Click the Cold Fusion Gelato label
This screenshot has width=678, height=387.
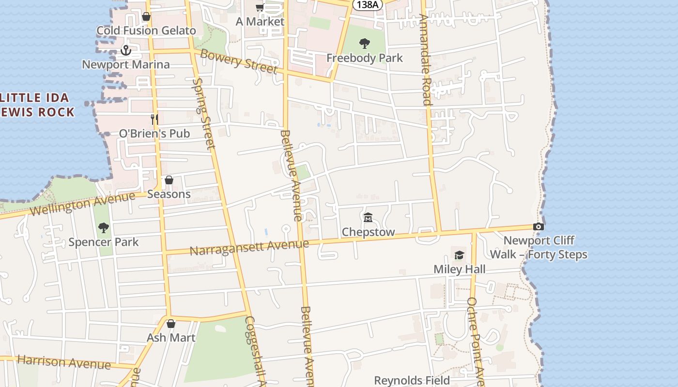click(x=146, y=30)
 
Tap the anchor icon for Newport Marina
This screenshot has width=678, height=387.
click(x=126, y=50)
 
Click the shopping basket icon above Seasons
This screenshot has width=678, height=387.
click(x=169, y=180)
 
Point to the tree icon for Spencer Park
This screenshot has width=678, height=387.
click(x=103, y=227)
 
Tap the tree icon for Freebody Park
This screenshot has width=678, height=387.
click(x=365, y=44)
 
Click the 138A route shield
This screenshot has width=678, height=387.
click(x=367, y=4)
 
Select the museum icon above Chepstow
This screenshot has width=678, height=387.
click(x=368, y=218)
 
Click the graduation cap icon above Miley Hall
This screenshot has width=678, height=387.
click(x=459, y=255)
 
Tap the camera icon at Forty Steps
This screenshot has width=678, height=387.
click(x=538, y=226)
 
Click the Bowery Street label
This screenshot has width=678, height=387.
click(x=239, y=61)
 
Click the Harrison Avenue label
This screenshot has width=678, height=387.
click(x=64, y=362)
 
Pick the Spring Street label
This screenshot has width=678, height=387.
click(x=204, y=114)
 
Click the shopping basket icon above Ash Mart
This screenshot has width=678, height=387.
click(x=170, y=324)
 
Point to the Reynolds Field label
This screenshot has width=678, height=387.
click(x=412, y=381)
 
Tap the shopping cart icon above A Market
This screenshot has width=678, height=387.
click(x=260, y=7)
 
